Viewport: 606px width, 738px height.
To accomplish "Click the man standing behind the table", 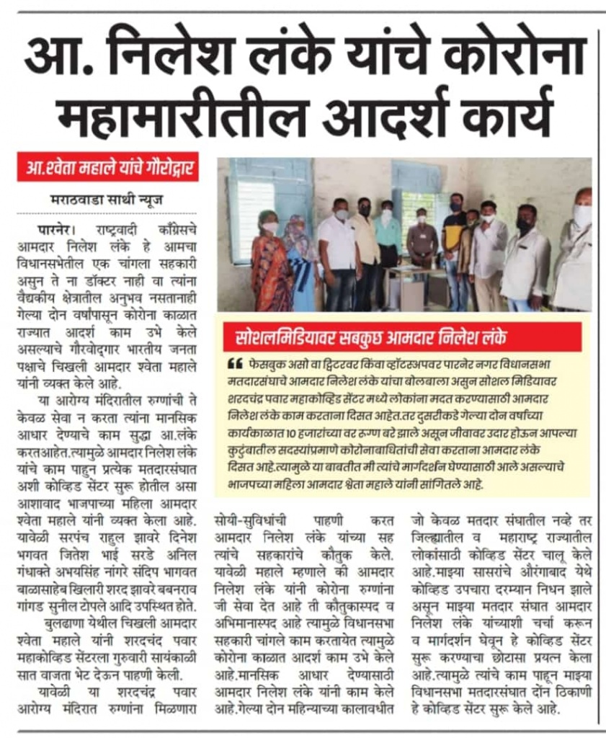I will tap(422, 241).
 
